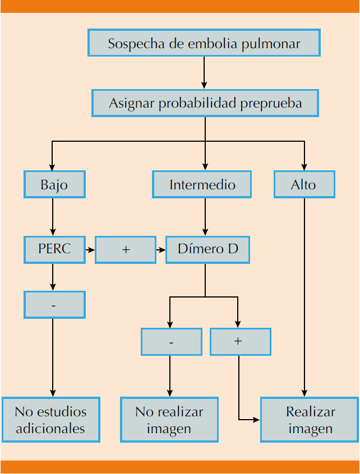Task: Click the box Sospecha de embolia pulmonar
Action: click(x=204, y=43)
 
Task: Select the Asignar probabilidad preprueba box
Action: click(x=205, y=103)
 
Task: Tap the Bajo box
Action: click(x=54, y=184)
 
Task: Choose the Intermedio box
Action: click(x=202, y=184)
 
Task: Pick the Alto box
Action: click(x=304, y=184)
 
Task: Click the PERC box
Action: click(x=54, y=249)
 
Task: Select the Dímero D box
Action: click(x=207, y=249)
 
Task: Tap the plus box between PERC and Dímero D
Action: click(x=125, y=249)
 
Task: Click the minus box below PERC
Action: click(x=54, y=305)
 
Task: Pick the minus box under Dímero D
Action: click(x=171, y=341)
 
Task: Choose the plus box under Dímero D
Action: click(x=240, y=341)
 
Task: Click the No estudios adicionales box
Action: click(x=50, y=420)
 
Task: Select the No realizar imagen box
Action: click(x=169, y=420)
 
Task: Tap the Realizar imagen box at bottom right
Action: click(x=310, y=420)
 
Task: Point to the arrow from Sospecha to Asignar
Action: click(x=204, y=73)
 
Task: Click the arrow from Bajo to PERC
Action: click(x=53, y=217)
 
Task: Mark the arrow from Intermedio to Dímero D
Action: click(x=205, y=217)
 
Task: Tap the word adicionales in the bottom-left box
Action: click(x=50, y=429)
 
